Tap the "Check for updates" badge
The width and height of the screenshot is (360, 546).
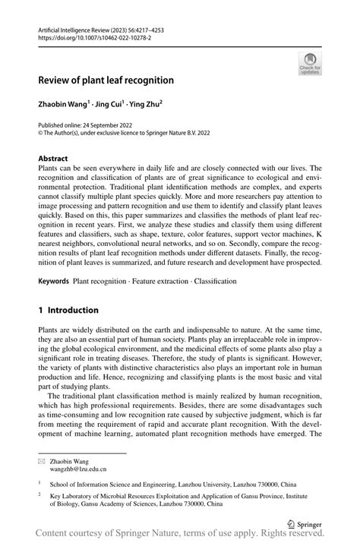coord(309,64)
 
